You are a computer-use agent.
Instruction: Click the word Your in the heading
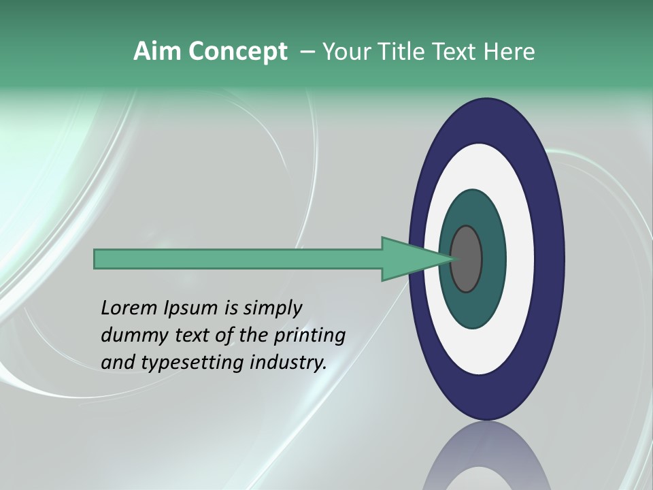pyautogui.click(x=344, y=52)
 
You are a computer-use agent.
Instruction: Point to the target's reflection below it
pyautogui.click(x=486, y=459)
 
